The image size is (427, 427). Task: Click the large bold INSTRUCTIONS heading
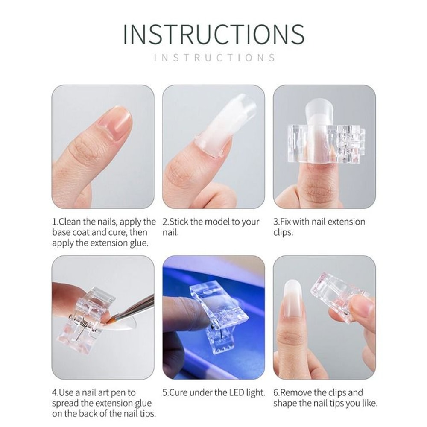tap(213, 34)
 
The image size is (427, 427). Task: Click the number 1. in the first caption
tap(55, 222)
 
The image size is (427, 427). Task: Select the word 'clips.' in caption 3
tap(283, 233)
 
